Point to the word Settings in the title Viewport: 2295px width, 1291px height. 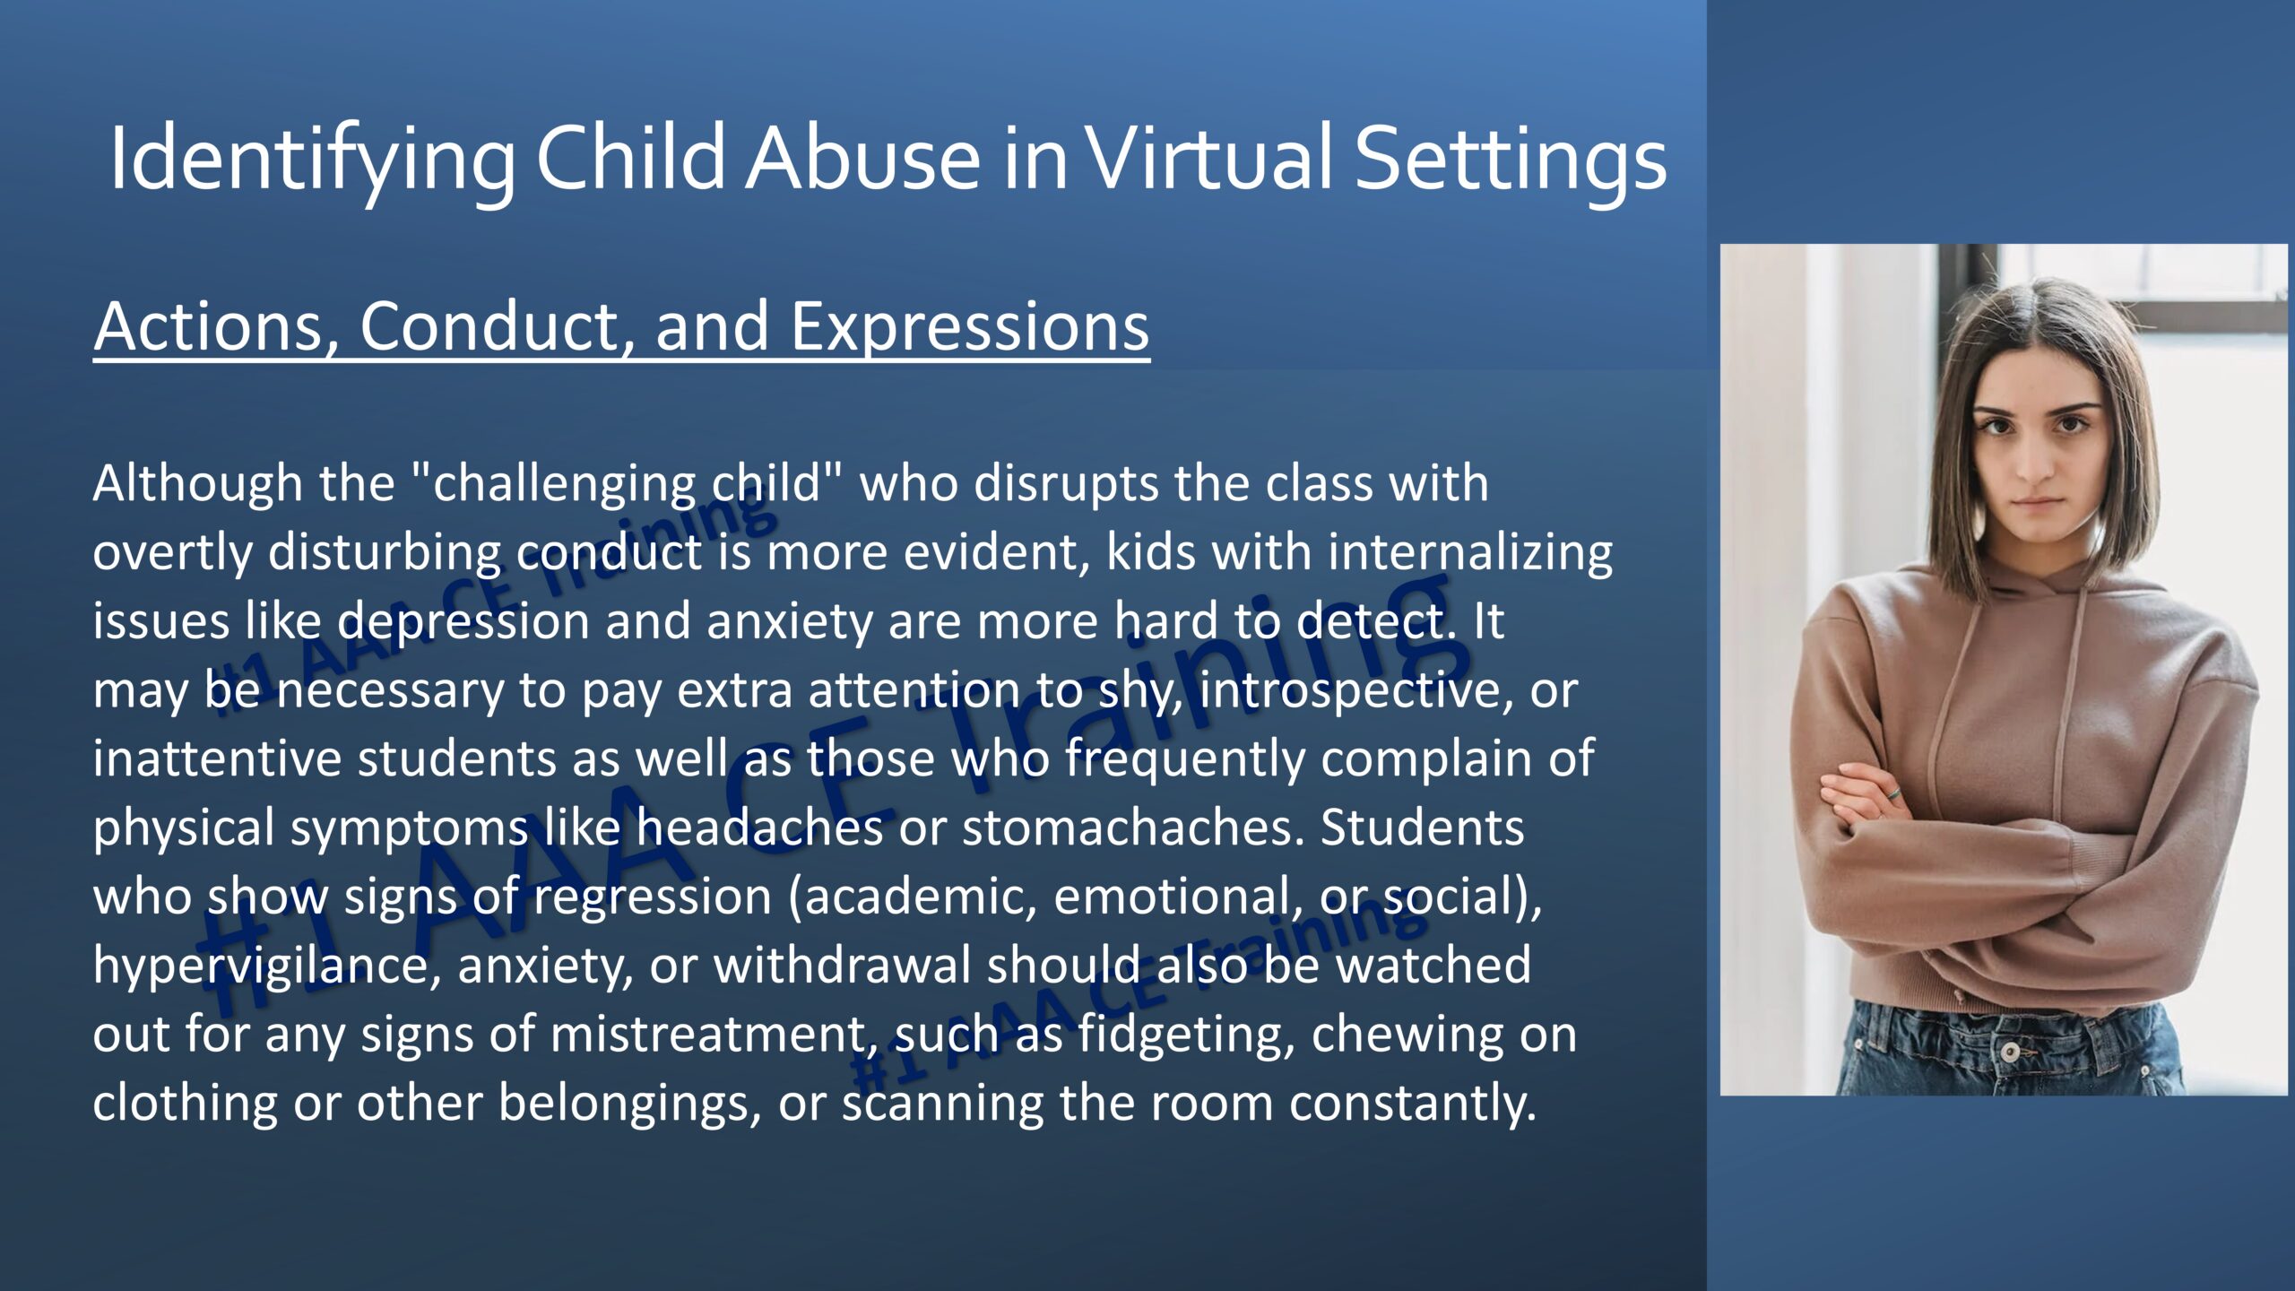coord(1511,162)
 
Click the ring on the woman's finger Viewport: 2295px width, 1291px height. coord(1895,793)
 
